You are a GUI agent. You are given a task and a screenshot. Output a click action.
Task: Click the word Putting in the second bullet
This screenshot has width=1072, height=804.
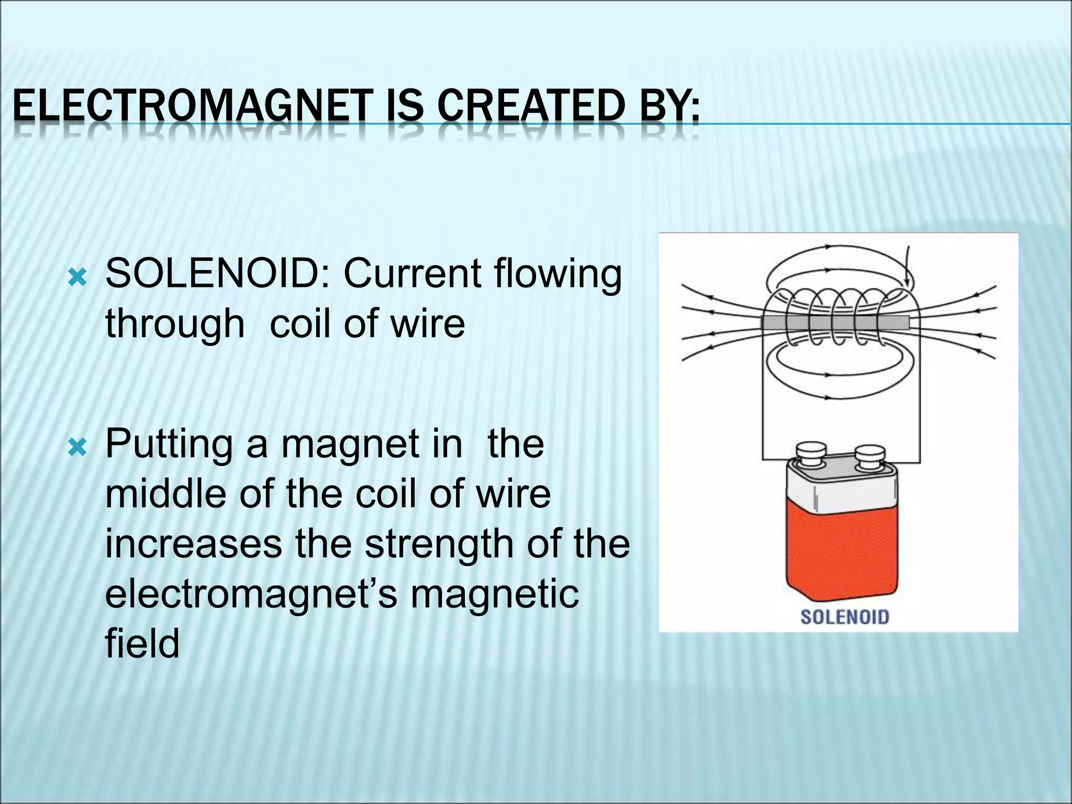point(169,444)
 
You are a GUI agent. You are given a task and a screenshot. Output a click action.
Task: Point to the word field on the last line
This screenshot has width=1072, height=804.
point(142,643)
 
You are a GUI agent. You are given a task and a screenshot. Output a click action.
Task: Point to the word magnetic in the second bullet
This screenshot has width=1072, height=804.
point(494,594)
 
